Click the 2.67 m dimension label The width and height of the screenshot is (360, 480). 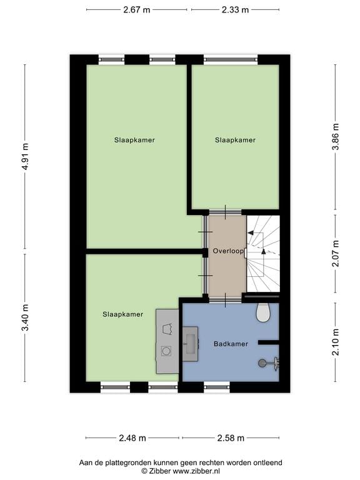pos(136,10)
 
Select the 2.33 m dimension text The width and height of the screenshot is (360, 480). pos(235,10)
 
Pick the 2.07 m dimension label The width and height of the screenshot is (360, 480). pos(336,252)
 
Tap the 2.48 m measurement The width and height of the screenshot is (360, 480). pos(133,437)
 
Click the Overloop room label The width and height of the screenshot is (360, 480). pos(227,251)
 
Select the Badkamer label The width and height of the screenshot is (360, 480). pos(231,344)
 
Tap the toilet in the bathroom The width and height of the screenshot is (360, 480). pos(263,312)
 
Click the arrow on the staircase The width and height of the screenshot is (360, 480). pos(263,251)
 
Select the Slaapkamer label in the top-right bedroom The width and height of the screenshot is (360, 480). pos(235,140)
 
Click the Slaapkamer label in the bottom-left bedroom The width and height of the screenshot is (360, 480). pos(122,314)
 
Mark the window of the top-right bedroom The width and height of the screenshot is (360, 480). pos(231,60)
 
